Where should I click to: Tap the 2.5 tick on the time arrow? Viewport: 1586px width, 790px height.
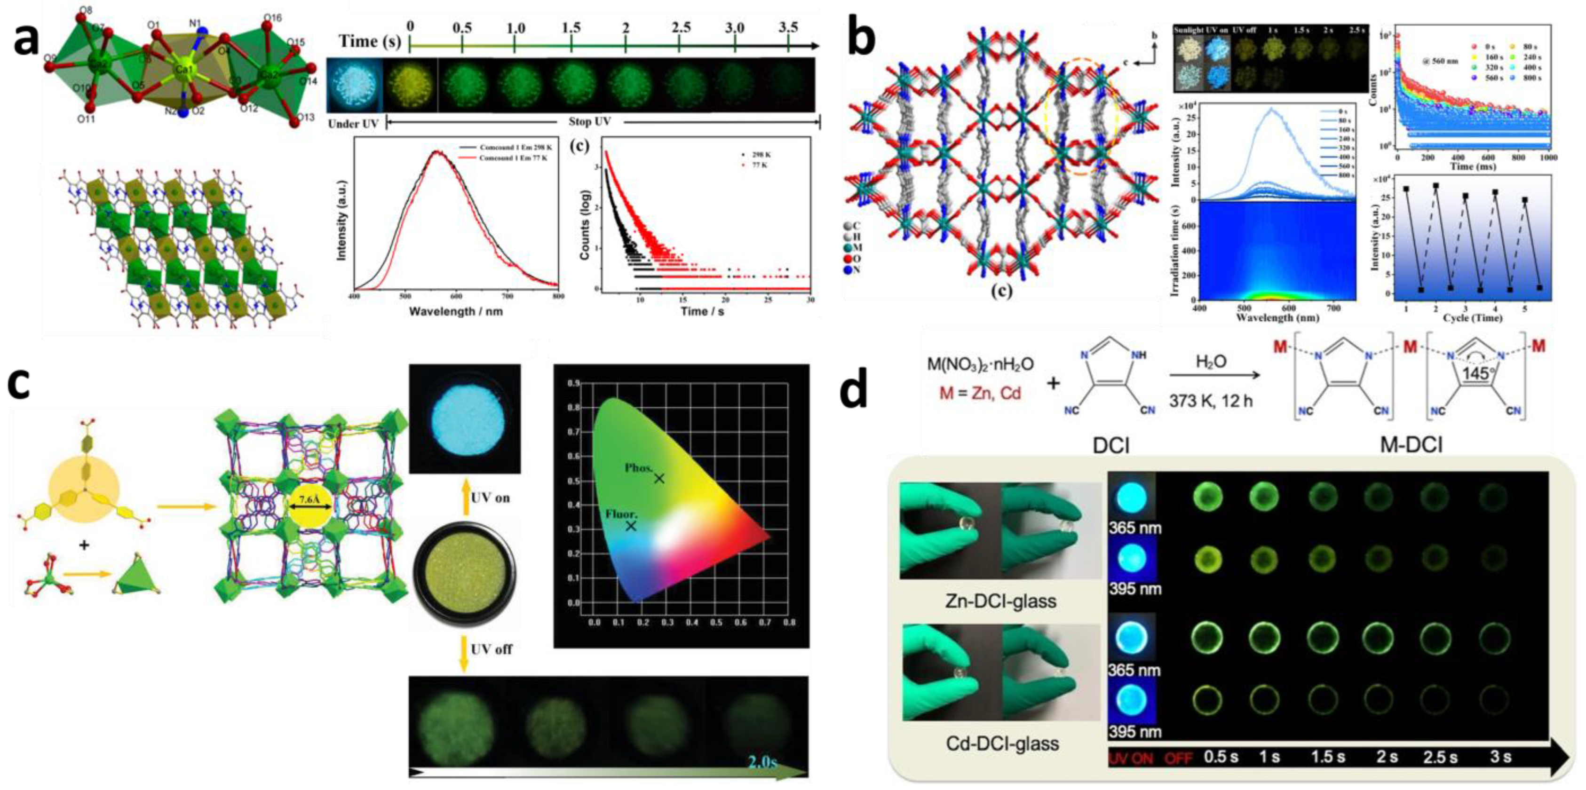tap(680, 28)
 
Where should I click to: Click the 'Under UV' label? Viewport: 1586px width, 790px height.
tap(353, 124)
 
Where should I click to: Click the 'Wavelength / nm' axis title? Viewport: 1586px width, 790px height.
tap(456, 312)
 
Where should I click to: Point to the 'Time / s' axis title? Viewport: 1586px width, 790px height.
tap(702, 312)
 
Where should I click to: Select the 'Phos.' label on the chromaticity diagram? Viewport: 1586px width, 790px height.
tap(638, 468)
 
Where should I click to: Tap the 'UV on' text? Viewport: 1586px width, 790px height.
tap(490, 498)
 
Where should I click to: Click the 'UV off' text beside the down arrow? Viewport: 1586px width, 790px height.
tap(492, 649)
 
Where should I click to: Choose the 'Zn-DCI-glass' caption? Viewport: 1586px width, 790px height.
tap(1000, 600)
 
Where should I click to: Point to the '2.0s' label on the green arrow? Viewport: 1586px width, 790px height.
tap(761, 762)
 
